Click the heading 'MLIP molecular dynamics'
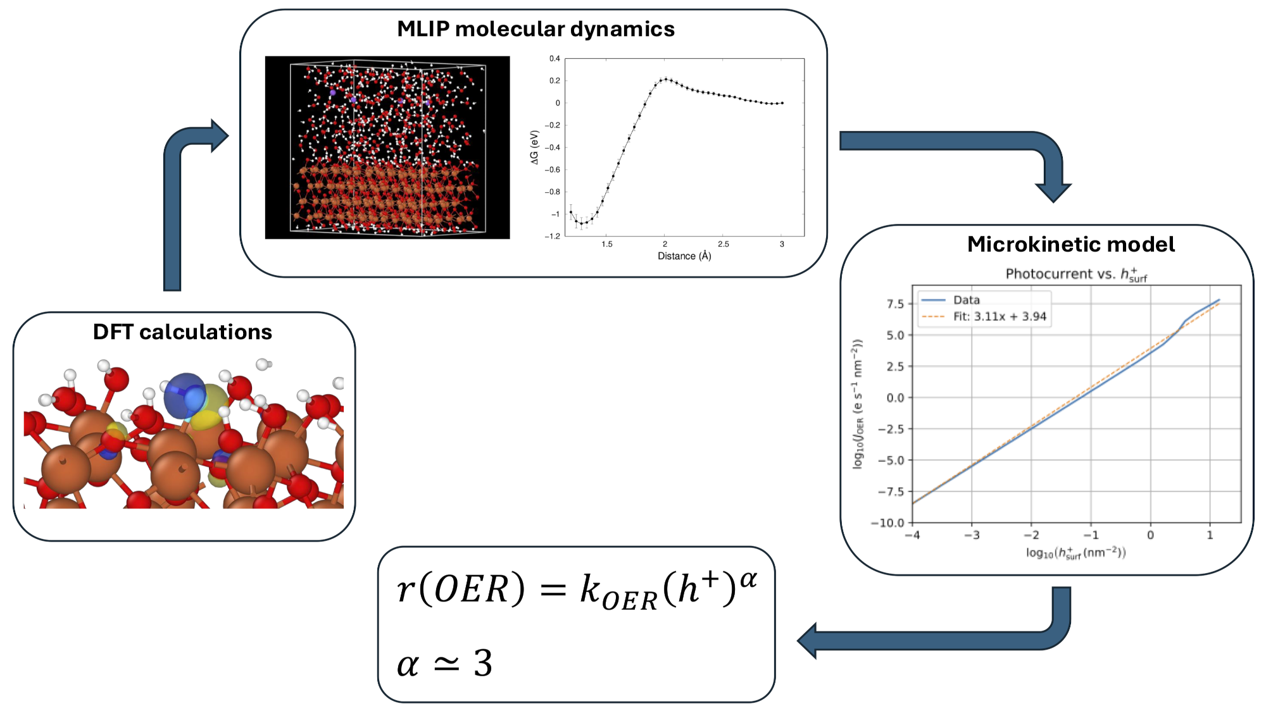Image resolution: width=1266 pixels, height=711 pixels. click(x=536, y=29)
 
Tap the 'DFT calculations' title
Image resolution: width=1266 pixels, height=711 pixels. click(x=182, y=332)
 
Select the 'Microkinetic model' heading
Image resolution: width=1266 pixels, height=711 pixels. click(x=1071, y=244)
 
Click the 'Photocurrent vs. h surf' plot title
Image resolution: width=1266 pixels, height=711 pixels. click(x=1076, y=275)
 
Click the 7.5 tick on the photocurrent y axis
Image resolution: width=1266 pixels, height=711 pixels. click(x=895, y=304)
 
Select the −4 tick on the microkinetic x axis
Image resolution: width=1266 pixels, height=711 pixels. click(x=912, y=535)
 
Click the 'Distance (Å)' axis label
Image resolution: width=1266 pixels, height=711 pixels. click(x=684, y=256)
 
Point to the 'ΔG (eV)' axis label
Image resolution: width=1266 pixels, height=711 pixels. click(x=535, y=147)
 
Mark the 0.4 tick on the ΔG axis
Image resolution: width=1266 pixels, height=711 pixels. click(x=555, y=59)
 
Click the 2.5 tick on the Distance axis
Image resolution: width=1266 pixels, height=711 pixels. click(x=724, y=244)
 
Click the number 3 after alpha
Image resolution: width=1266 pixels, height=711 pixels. click(x=483, y=664)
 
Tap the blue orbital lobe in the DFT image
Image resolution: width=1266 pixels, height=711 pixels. click(x=185, y=396)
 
